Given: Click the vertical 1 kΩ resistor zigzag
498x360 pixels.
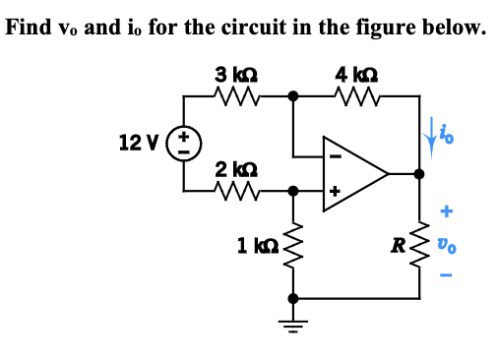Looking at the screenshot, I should click(292, 243).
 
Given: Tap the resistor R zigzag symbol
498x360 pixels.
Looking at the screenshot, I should click(421, 243).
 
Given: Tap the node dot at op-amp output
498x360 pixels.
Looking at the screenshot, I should click(420, 174).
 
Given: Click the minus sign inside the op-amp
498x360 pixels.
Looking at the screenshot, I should click(334, 154).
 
